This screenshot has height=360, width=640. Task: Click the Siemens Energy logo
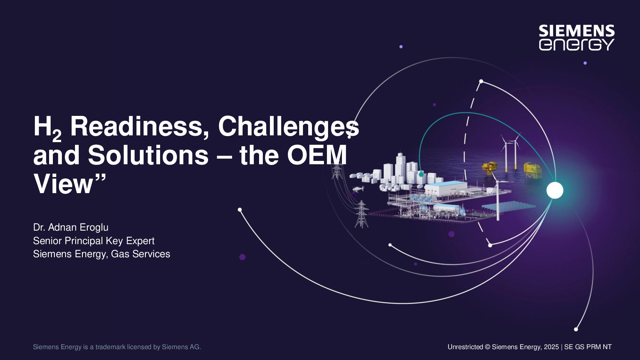tap(577, 38)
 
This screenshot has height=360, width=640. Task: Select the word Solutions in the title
tap(148, 155)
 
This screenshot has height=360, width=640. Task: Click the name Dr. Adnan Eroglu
tap(71, 227)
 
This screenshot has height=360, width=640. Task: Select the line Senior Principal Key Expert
tap(94, 241)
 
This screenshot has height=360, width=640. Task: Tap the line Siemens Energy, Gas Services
tap(102, 254)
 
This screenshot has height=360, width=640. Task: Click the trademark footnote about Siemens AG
tap(117, 347)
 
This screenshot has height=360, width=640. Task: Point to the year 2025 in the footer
tap(551, 347)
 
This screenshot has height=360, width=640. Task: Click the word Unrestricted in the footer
tap(465, 347)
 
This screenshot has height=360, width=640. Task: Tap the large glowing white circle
tap(555, 190)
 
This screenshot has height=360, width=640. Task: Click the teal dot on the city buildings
tap(421, 174)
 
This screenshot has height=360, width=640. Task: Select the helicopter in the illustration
tap(358, 189)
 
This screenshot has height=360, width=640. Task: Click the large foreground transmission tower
tap(361, 214)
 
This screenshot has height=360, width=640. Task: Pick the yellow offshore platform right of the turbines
tap(532, 170)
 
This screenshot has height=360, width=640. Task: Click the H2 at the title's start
tap(48, 128)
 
